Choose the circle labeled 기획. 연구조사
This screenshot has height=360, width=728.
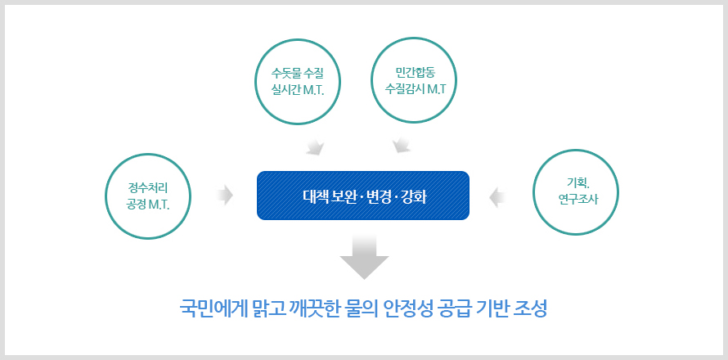click(x=576, y=150)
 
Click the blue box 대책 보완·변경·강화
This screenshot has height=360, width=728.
click(x=363, y=196)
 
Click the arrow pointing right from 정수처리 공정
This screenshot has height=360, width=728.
click(x=225, y=195)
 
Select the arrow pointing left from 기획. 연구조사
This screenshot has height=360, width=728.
click(x=497, y=197)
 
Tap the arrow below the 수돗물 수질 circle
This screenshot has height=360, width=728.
click(x=316, y=146)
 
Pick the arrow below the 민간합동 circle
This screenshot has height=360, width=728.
click(x=401, y=145)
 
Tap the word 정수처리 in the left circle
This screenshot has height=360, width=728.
click(x=147, y=187)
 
